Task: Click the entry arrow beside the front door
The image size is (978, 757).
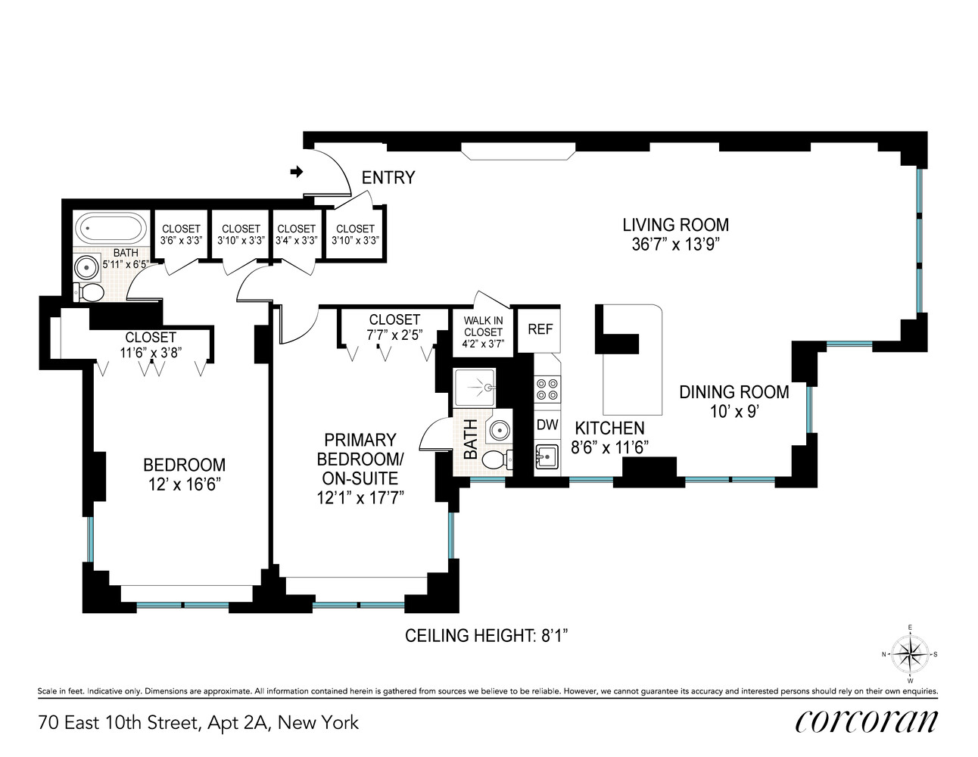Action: pos(296,172)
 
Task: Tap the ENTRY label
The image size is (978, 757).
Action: pos(388,178)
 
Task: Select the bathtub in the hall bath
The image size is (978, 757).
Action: pos(112,228)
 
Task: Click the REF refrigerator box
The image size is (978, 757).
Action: pos(540,329)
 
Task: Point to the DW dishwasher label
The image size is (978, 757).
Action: pos(547,425)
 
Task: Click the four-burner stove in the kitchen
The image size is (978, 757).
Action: pos(547,389)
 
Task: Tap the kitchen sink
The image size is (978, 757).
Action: pos(546,457)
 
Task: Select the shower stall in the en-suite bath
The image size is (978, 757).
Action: pos(475,388)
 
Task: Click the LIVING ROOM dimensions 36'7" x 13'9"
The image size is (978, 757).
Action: pos(675,245)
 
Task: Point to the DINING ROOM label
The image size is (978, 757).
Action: pos(733,392)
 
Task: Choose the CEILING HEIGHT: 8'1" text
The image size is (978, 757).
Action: pos(487,636)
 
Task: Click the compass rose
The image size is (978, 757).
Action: pos(910,655)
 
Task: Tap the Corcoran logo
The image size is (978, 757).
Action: pos(866,721)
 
